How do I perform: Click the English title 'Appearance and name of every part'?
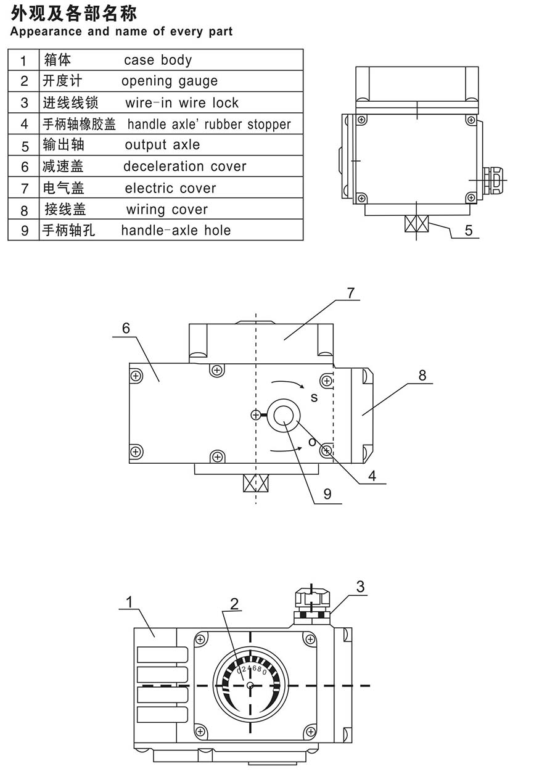[121, 31]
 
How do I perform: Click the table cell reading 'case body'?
[158, 60]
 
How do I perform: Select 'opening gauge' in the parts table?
[170, 81]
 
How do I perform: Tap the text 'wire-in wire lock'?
[181, 102]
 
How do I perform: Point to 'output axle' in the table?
[162, 145]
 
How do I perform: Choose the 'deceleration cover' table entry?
[184, 167]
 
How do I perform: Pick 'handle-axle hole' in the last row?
[176, 231]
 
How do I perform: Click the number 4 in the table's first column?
[25, 124]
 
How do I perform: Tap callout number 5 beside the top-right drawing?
[469, 230]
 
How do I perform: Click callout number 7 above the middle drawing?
[351, 293]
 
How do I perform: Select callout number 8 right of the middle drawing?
[422, 375]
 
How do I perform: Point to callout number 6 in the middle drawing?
[126, 328]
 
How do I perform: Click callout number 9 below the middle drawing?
[327, 493]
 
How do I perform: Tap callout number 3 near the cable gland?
[361, 587]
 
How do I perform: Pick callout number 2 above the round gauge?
[234, 603]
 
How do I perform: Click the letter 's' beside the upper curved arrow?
[314, 398]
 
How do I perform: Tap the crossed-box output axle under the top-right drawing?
[416, 223]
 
